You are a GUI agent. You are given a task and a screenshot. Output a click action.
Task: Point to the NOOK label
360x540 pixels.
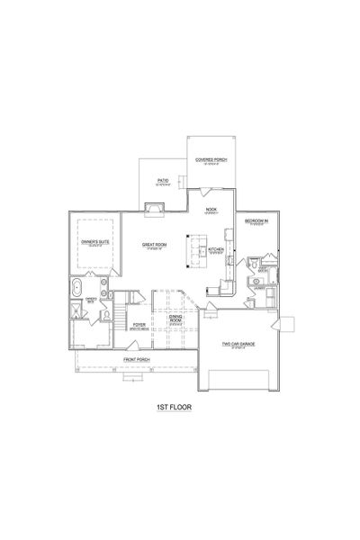coord(211,210)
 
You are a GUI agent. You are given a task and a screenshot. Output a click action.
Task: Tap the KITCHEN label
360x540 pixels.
coord(216,249)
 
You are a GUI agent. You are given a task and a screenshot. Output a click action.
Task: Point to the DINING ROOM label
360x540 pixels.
coord(176,321)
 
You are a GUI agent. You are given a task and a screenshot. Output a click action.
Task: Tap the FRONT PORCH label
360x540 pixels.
coord(137,360)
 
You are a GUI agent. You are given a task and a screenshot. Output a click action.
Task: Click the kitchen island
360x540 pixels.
coord(190,251)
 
